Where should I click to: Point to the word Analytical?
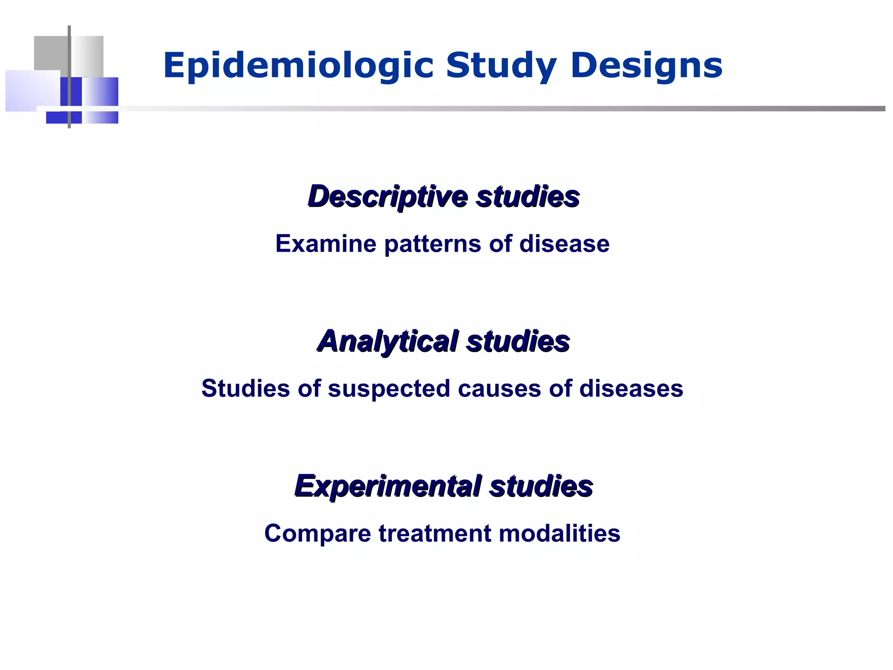387,341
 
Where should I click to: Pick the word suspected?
389,389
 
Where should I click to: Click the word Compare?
317,534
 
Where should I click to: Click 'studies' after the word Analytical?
518,341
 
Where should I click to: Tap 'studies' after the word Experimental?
541,486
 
